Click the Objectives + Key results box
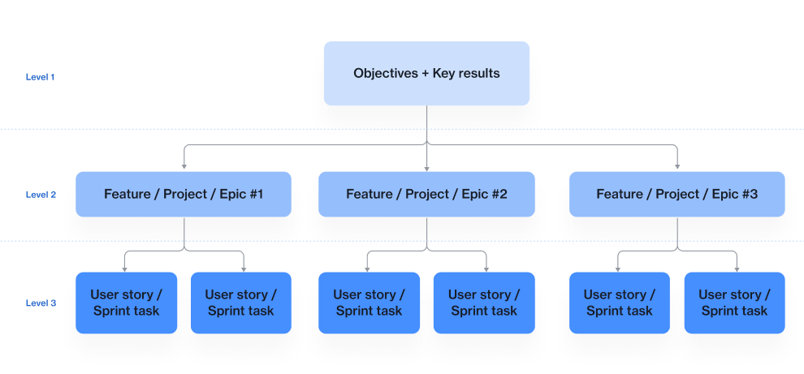click(426, 73)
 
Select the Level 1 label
click(40, 77)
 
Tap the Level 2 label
click(41, 195)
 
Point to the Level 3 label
click(41, 303)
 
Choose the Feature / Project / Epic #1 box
click(184, 194)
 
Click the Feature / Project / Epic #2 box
click(426, 194)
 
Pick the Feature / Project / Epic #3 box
click(676, 194)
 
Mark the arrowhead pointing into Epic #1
click(184, 168)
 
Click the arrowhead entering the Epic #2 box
click(426, 168)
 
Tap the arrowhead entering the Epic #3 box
click(677, 168)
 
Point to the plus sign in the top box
click(425, 73)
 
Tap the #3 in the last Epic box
click(748, 194)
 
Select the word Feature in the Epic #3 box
click(619, 194)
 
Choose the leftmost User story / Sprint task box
click(126, 303)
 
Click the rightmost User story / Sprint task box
click(734, 303)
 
